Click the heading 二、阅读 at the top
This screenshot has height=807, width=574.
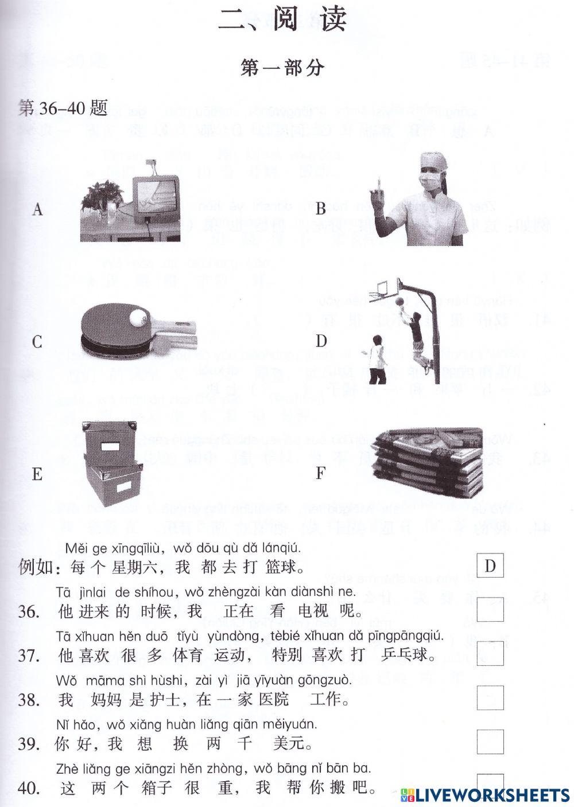[x=283, y=21]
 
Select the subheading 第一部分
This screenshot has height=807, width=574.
[x=283, y=68]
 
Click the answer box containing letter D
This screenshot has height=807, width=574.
[x=490, y=566]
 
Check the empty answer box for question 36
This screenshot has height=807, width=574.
[x=490, y=609]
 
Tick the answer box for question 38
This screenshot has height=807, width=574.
[x=490, y=697]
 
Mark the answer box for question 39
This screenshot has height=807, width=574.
[x=490, y=742]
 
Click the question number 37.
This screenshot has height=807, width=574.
[x=29, y=655]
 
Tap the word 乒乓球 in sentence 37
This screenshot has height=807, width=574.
[x=405, y=655]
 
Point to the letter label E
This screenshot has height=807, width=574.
[x=37, y=474]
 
